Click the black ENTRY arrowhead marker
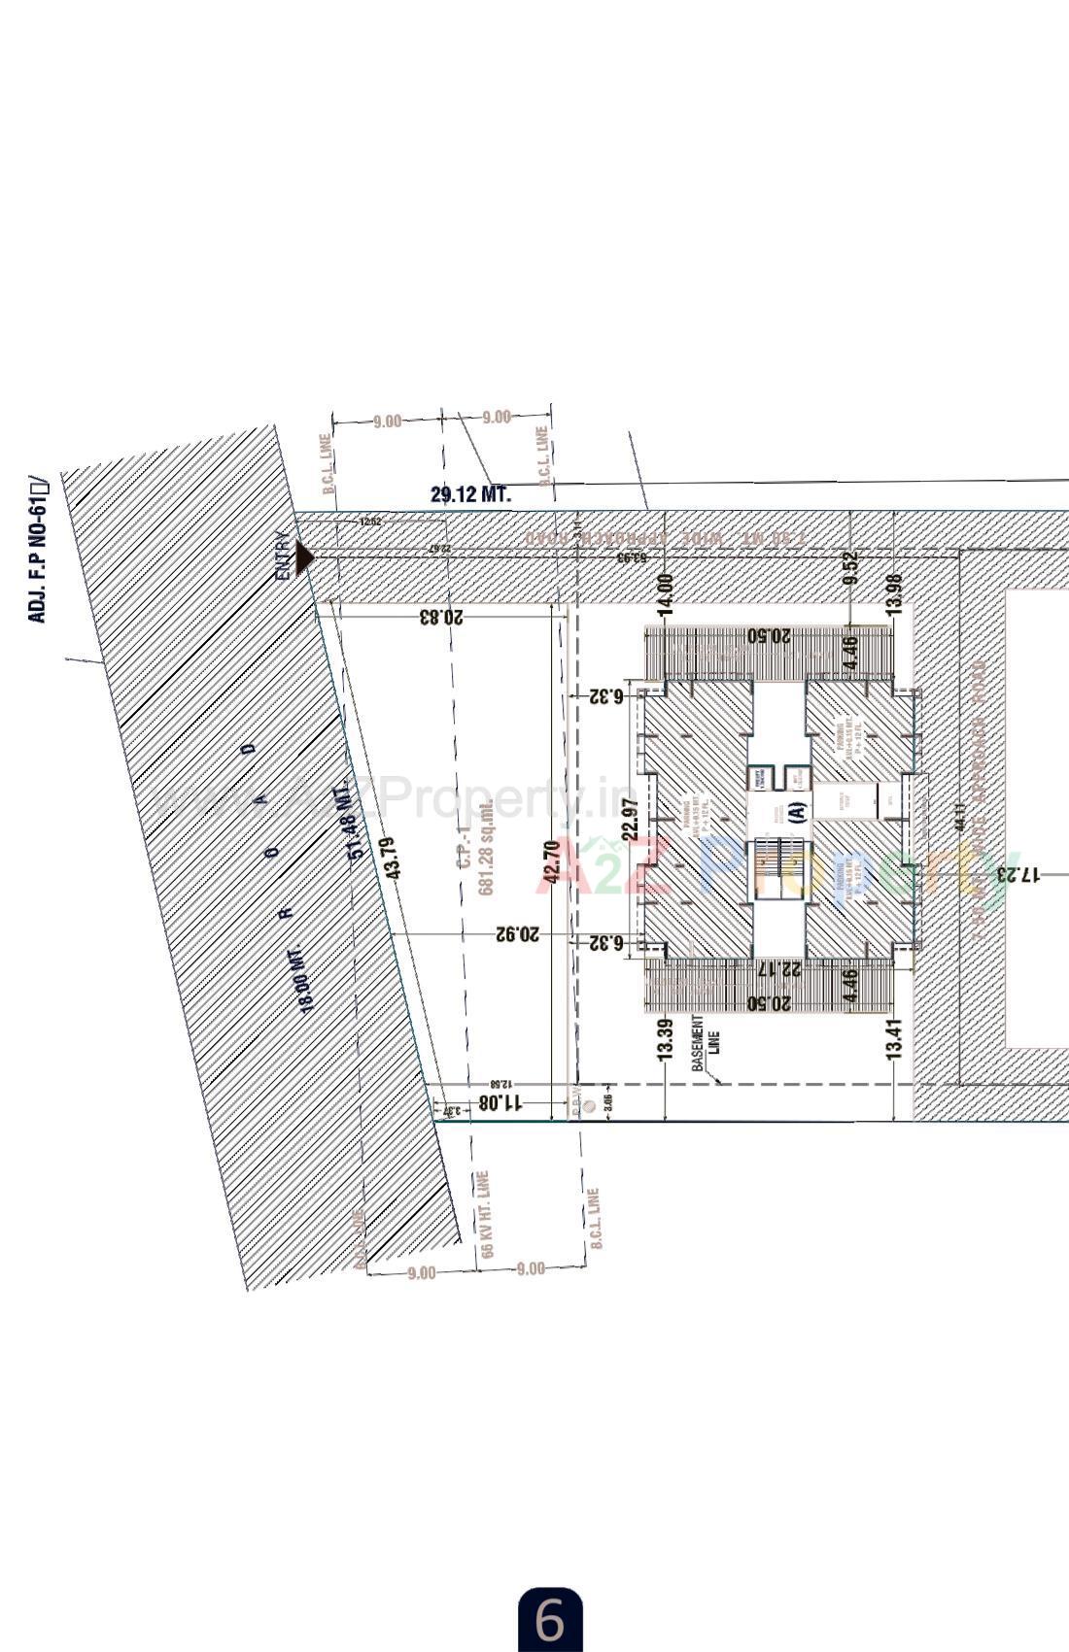click(304, 557)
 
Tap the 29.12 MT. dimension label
click(470, 494)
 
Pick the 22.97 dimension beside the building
click(629, 819)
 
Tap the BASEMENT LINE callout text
click(704, 1044)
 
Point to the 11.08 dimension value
click(500, 1102)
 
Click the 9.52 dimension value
click(851, 567)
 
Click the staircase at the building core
click(778, 867)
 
